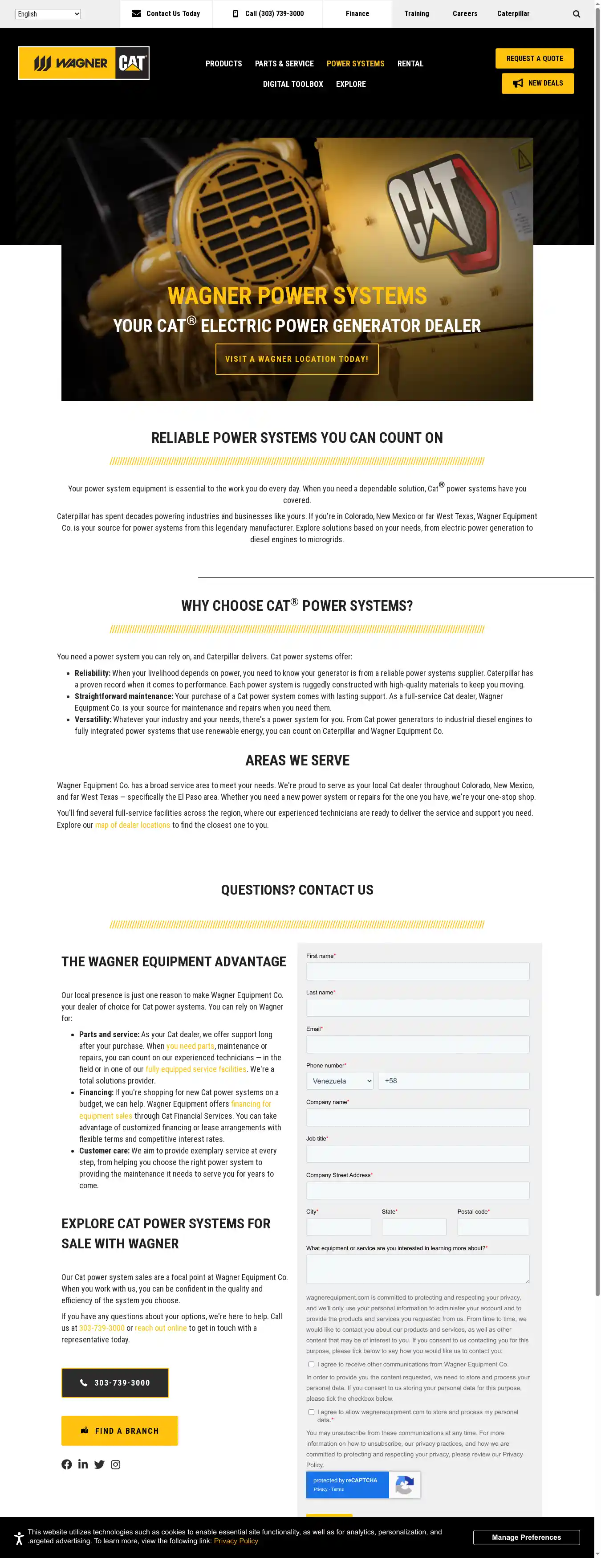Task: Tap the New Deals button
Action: pos(537,83)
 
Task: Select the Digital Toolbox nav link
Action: pos(292,84)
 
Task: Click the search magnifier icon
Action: pos(576,14)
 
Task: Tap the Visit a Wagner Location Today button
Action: pos(297,359)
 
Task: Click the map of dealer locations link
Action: pos(132,825)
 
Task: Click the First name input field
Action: pos(417,971)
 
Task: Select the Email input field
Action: pos(417,1044)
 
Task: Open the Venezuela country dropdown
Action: pos(339,1081)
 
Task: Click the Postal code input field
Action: pos(493,1227)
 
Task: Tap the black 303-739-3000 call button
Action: pos(115,1382)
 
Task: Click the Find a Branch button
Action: pos(119,1431)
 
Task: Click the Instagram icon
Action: pos(115,1464)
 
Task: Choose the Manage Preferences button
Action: pos(526,1538)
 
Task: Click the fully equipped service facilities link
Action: pos(196,1069)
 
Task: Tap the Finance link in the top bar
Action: pos(357,14)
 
